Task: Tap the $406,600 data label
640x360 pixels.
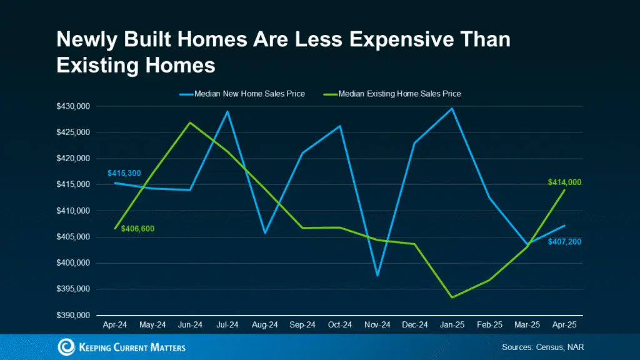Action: pos(137,229)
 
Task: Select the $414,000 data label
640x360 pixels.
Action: pos(564,182)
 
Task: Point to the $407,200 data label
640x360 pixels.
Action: pos(564,241)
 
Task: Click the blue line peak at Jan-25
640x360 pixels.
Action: pos(452,109)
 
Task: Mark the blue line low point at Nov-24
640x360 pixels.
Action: pos(377,275)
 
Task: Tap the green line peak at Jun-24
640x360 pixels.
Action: pos(190,122)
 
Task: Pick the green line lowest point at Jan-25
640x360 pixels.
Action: pos(452,297)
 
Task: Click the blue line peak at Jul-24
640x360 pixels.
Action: pos(227,111)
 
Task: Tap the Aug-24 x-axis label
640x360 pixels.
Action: pos(265,326)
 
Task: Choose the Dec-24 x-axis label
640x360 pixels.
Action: pos(414,326)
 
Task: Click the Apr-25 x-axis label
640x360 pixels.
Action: pos(564,326)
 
